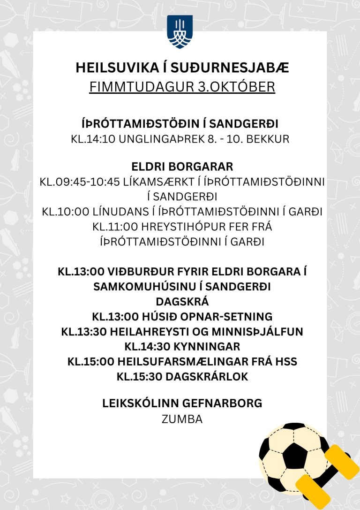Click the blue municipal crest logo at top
tap(180, 32)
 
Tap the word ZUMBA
tap(182, 419)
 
